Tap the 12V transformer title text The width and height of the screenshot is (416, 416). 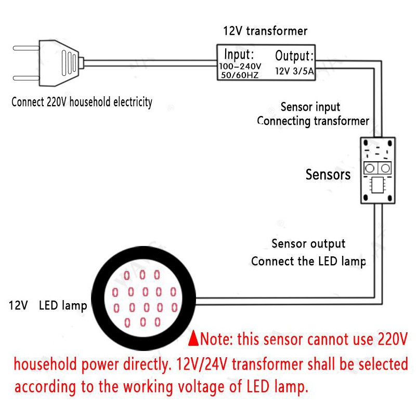pyautogui.click(x=265, y=31)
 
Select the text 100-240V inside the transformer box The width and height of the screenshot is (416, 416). pyautogui.click(x=239, y=66)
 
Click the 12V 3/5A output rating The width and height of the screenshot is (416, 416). pyautogui.click(x=295, y=71)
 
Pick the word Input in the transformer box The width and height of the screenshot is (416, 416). pyautogui.click(x=238, y=54)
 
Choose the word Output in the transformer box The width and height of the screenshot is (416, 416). pyautogui.click(x=294, y=56)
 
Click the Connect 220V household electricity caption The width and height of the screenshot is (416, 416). pyautogui.click(x=82, y=102)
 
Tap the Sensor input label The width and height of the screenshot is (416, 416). pyautogui.click(x=310, y=107)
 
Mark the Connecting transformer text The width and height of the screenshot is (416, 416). pyautogui.click(x=313, y=121)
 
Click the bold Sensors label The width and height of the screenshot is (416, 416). pyautogui.click(x=328, y=174)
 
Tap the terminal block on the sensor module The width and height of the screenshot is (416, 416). pyautogui.click(x=378, y=167)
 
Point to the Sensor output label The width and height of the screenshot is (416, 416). pyautogui.click(x=308, y=243)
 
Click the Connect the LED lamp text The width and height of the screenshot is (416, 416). pyautogui.click(x=308, y=261)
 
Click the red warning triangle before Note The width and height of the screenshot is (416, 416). pyautogui.click(x=193, y=339)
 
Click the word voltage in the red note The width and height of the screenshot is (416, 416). pyautogui.click(x=198, y=387)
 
